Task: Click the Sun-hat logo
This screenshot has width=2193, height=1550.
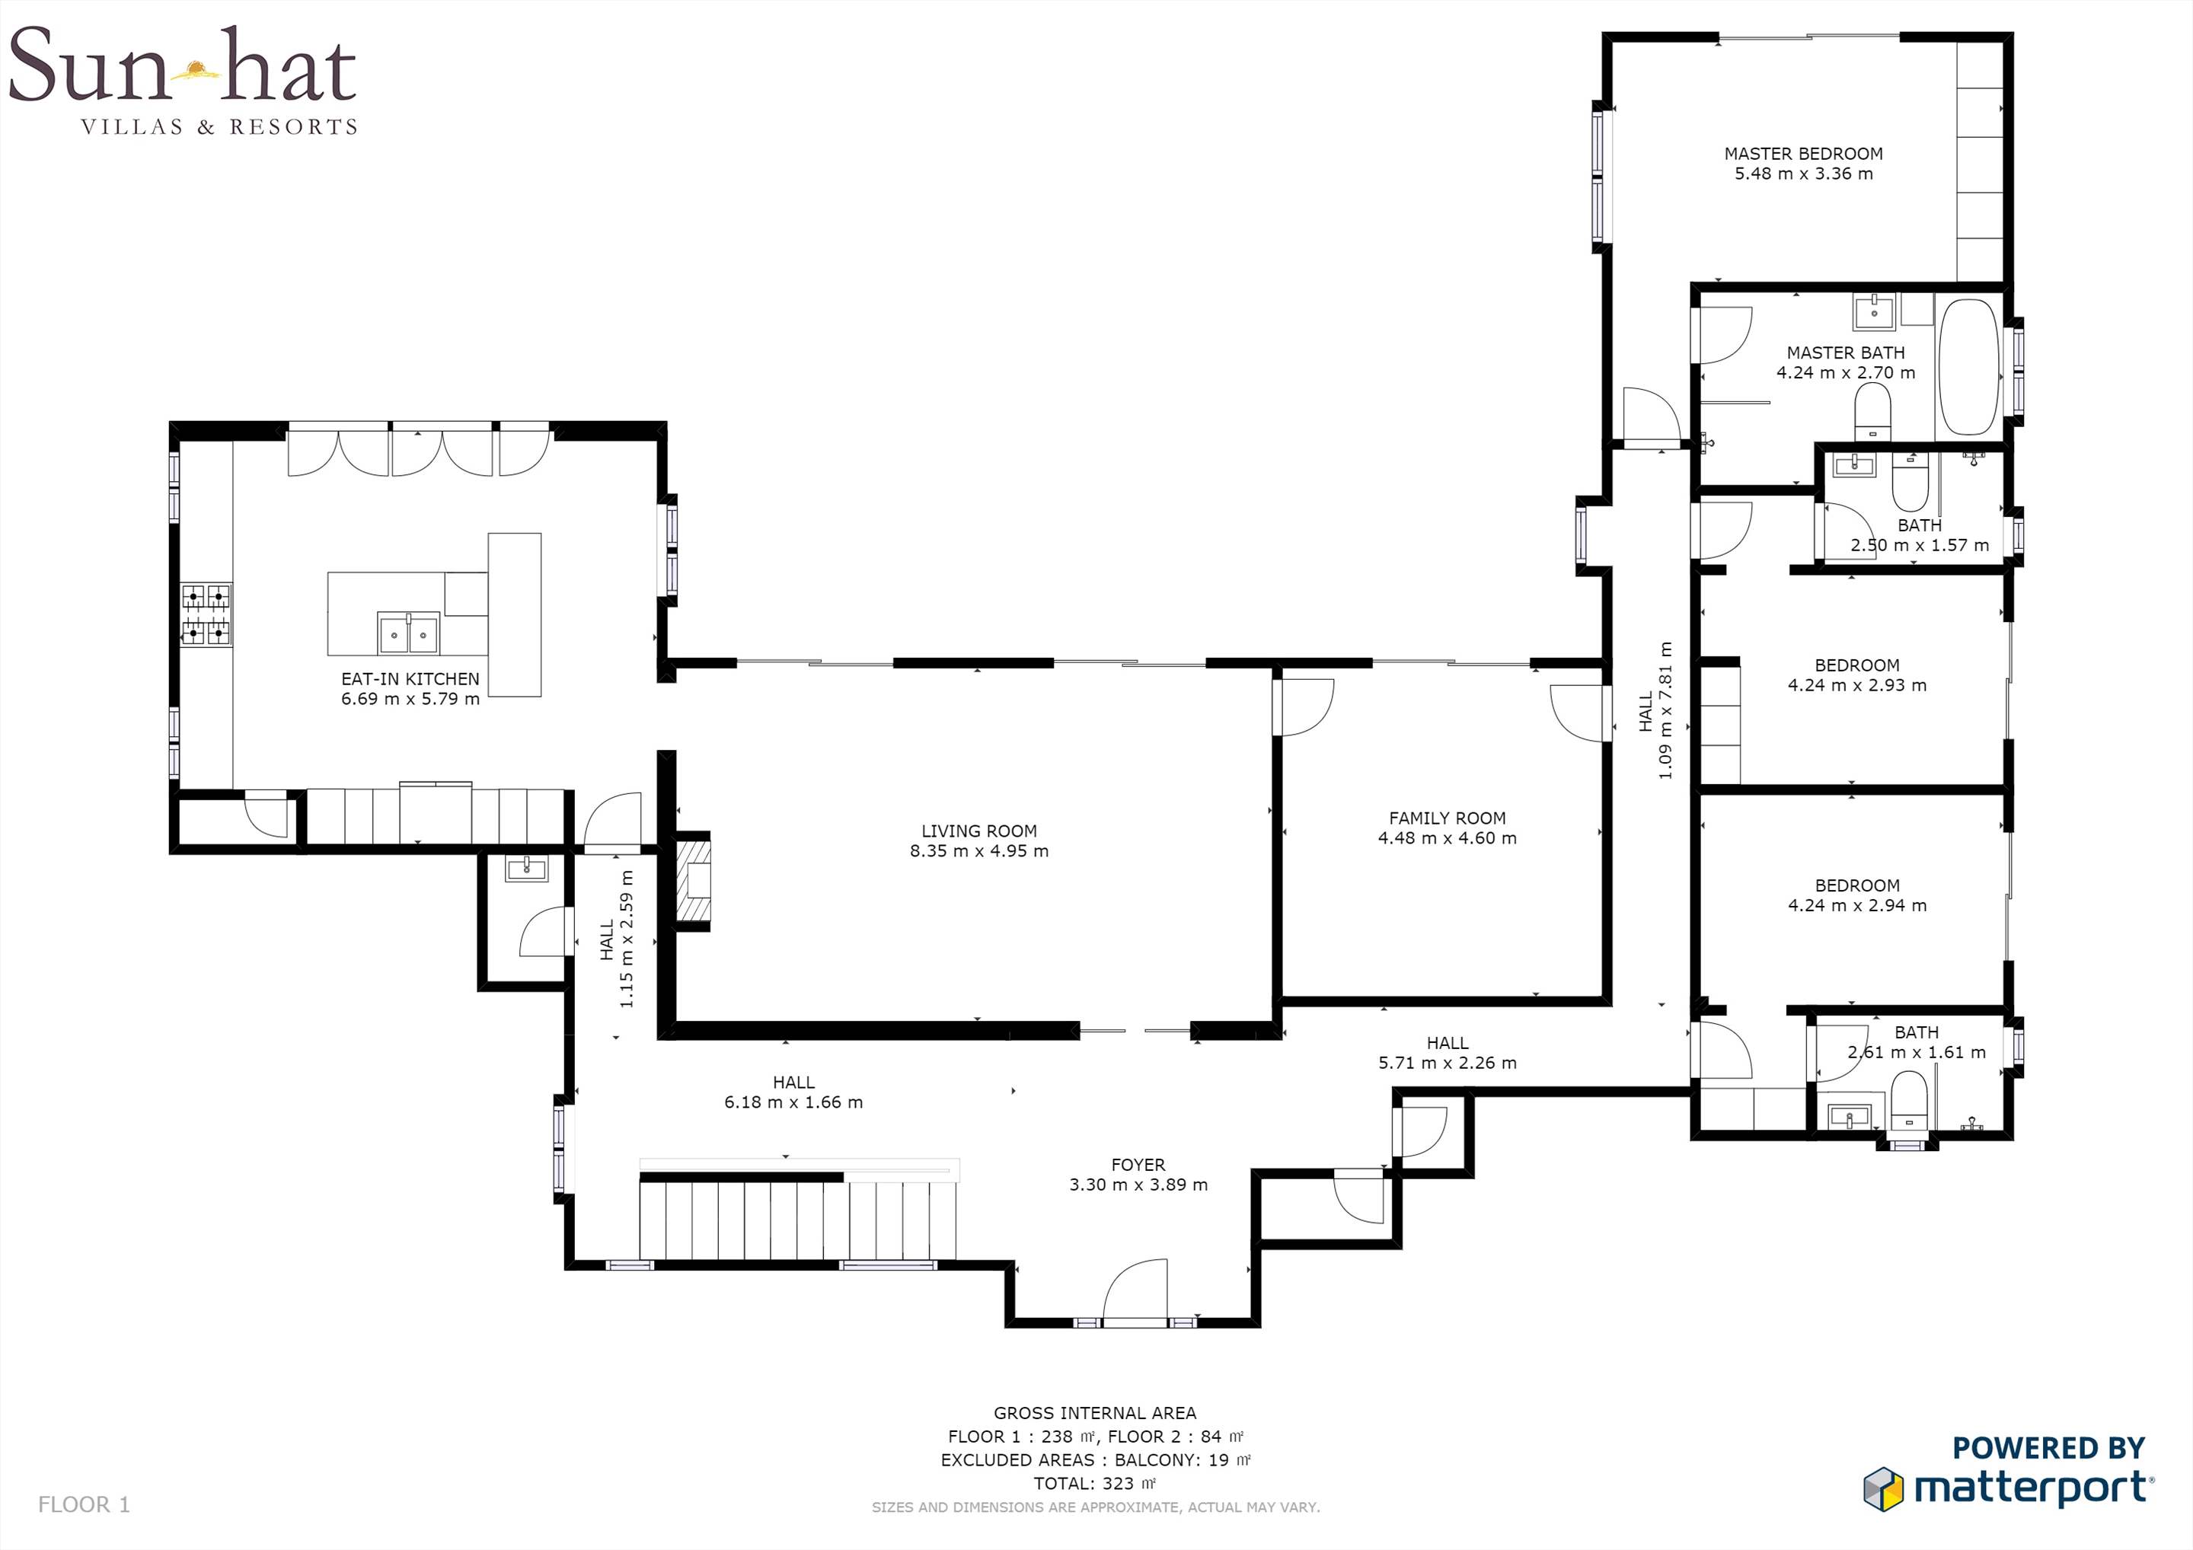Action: pyautogui.click(x=183, y=79)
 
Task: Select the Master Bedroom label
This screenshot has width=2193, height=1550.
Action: pyautogui.click(x=1803, y=154)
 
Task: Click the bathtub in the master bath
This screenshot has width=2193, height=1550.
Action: pyautogui.click(x=1968, y=368)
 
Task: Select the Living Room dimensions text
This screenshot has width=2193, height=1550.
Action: pyautogui.click(x=979, y=851)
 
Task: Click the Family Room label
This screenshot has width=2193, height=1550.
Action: pyautogui.click(x=1447, y=818)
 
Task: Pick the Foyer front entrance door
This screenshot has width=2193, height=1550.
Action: pyautogui.click(x=1135, y=1293)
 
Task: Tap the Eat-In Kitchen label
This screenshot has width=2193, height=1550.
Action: pyautogui.click(x=410, y=679)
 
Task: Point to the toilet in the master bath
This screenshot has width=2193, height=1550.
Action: pyautogui.click(x=1873, y=413)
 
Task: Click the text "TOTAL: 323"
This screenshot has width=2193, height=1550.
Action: pyautogui.click(x=1094, y=1483)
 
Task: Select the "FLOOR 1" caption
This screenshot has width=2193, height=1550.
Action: pyautogui.click(x=84, y=1505)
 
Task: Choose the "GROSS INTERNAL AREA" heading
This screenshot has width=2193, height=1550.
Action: pyautogui.click(x=1094, y=1414)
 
